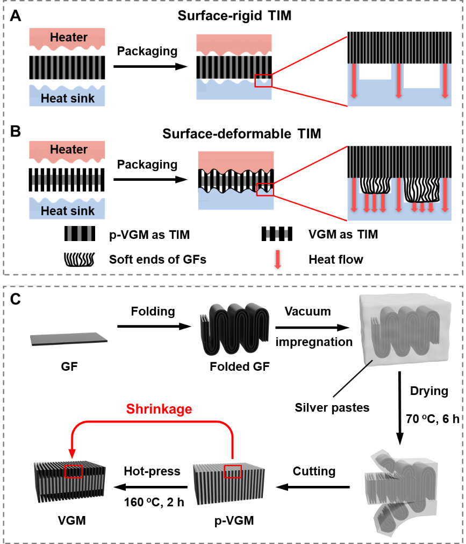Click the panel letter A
tap(16, 17)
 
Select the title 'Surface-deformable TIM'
tap(234, 133)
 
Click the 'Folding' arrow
tap(153, 326)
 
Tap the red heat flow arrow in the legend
tap(278, 259)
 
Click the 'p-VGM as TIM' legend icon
tap(79, 234)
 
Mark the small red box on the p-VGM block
tap(233, 471)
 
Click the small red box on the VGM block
tap(73, 471)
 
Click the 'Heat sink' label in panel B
tap(68, 210)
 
